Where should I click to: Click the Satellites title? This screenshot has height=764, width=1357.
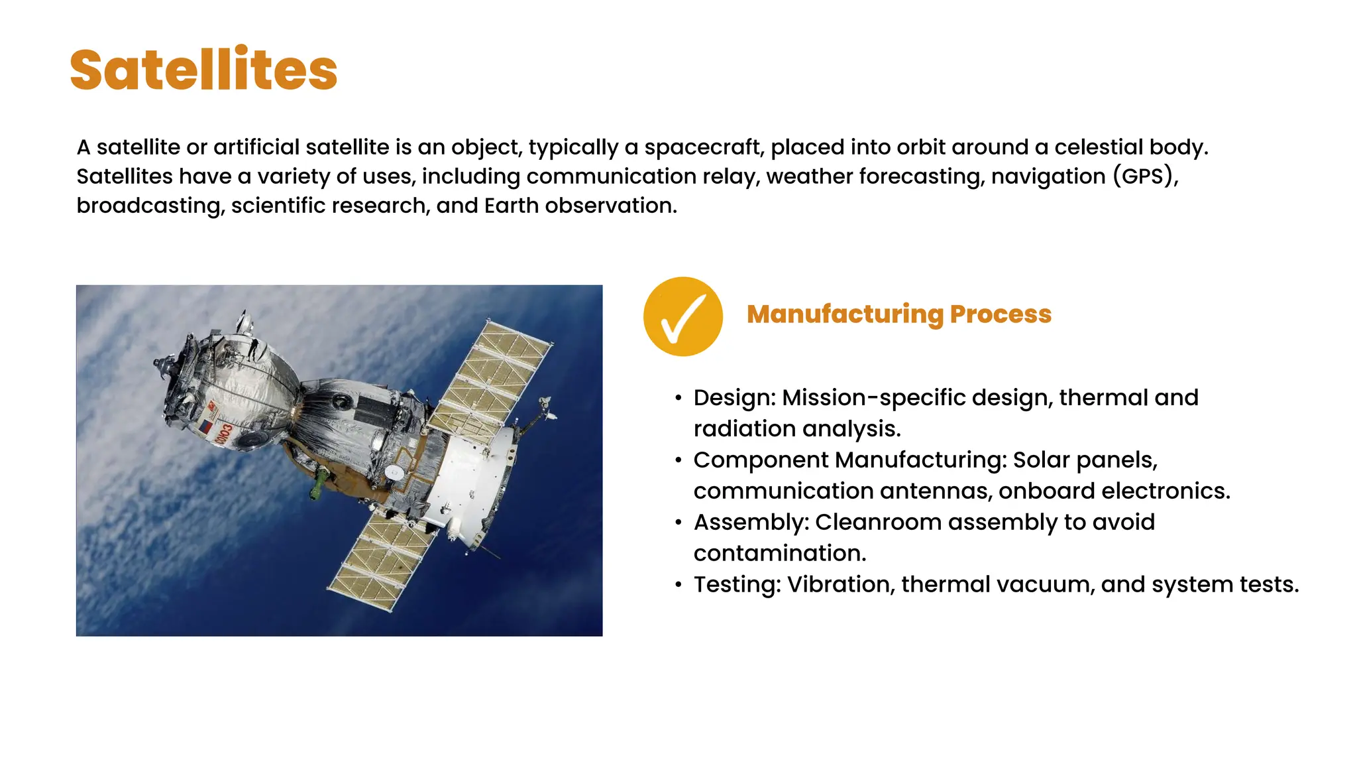[x=203, y=70]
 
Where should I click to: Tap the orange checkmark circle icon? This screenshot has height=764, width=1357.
[x=682, y=316]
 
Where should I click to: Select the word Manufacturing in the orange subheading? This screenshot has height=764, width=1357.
[x=844, y=314]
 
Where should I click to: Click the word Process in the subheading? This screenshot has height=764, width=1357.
[x=1001, y=314]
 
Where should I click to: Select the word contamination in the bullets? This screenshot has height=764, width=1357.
[x=780, y=553]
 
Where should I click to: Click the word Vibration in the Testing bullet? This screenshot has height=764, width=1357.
[x=840, y=584]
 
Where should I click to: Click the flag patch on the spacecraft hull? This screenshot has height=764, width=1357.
[x=207, y=426]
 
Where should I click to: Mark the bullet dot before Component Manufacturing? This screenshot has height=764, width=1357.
[x=678, y=460]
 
